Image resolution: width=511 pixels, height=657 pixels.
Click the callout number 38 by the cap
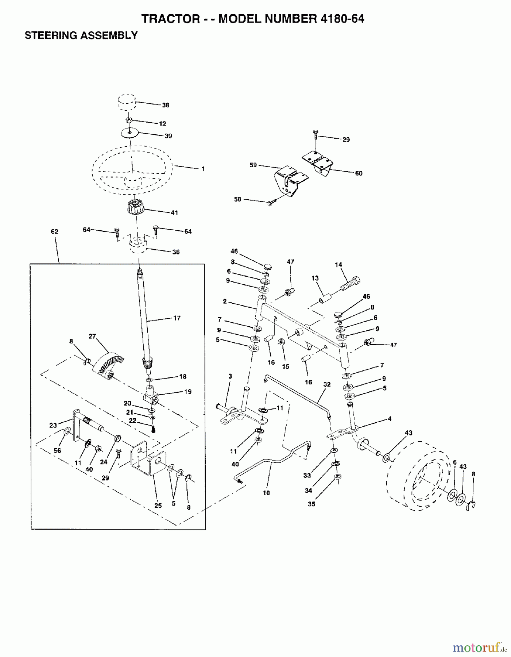click(x=166, y=105)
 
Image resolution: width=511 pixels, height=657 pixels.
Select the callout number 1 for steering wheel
click(x=203, y=169)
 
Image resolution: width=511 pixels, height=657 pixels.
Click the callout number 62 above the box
click(x=55, y=231)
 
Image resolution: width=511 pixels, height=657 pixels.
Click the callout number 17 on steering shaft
click(x=177, y=318)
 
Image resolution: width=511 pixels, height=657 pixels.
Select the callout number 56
click(x=57, y=451)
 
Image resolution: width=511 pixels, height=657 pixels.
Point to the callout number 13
click(x=315, y=278)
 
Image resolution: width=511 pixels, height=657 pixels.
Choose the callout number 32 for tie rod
click(x=326, y=384)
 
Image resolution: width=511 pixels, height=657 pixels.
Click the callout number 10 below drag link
click(x=266, y=493)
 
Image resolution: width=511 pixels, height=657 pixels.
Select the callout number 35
click(x=311, y=504)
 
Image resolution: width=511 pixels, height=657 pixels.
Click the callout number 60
click(x=359, y=173)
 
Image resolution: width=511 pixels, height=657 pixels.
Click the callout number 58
click(x=237, y=199)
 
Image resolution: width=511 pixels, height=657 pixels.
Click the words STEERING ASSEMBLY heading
click(x=81, y=35)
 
